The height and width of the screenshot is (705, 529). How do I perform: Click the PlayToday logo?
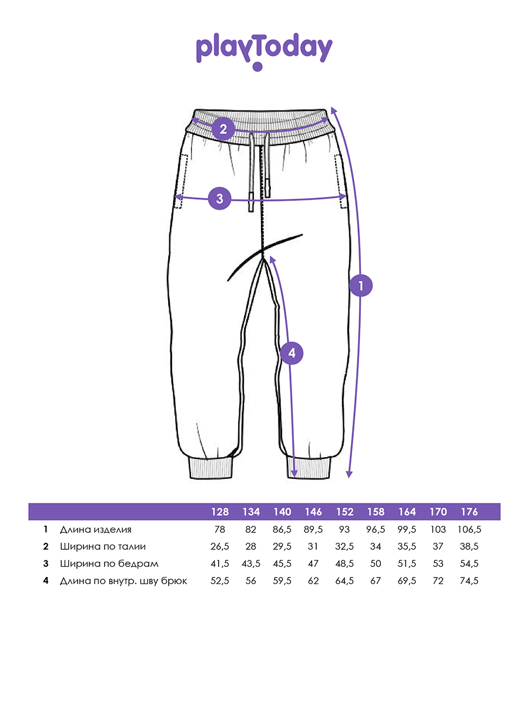(264, 51)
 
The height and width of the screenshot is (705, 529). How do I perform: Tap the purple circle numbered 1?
(361, 285)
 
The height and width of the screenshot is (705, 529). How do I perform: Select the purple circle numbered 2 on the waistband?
(223, 129)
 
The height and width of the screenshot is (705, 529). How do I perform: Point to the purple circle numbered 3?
(220, 198)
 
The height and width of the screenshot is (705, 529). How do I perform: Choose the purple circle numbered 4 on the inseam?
(292, 353)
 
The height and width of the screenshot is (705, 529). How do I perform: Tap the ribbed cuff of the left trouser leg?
(210, 469)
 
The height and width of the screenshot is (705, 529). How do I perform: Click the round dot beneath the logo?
(257, 66)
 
